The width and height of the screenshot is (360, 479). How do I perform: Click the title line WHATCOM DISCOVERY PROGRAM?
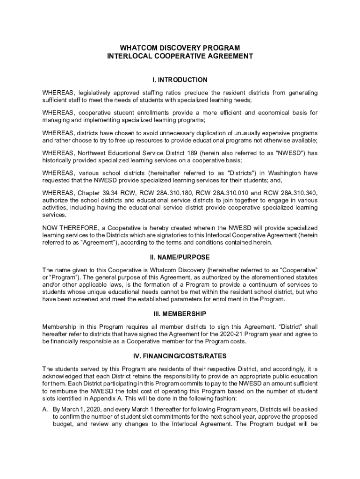[180, 48]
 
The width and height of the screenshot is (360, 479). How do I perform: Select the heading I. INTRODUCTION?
[180, 80]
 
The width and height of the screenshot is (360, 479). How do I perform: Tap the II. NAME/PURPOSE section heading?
[180, 257]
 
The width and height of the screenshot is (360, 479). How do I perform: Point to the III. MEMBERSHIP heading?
[180, 313]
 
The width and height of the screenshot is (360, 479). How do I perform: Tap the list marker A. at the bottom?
[45, 409]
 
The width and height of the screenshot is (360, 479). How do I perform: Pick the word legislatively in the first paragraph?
[98, 93]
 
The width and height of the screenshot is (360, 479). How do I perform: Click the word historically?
[57, 160]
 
